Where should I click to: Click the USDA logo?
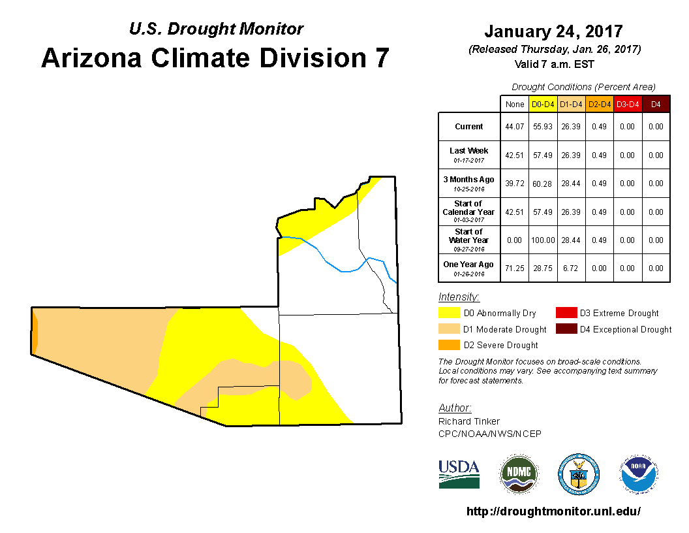point(459,474)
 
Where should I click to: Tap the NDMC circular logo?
point(519,474)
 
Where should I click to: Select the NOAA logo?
point(639,474)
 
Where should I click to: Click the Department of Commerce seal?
point(579,474)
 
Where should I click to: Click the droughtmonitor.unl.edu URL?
point(553,511)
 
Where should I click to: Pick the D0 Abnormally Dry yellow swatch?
point(449,313)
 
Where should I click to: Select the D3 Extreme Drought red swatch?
point(566,313)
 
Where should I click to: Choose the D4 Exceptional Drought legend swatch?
point(566,329)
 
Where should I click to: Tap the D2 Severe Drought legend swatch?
point(449,345)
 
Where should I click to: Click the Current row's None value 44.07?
point(515,127)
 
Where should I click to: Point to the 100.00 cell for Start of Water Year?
point(543,240)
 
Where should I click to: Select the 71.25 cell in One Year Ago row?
point(515,268)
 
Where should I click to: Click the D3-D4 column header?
point(628,105)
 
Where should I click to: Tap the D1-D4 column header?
point(571,105)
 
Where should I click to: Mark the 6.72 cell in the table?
point(570,268)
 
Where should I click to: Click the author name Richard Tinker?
point(469,421)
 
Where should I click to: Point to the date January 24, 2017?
point(553,31)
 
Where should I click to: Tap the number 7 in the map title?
point(382,58)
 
